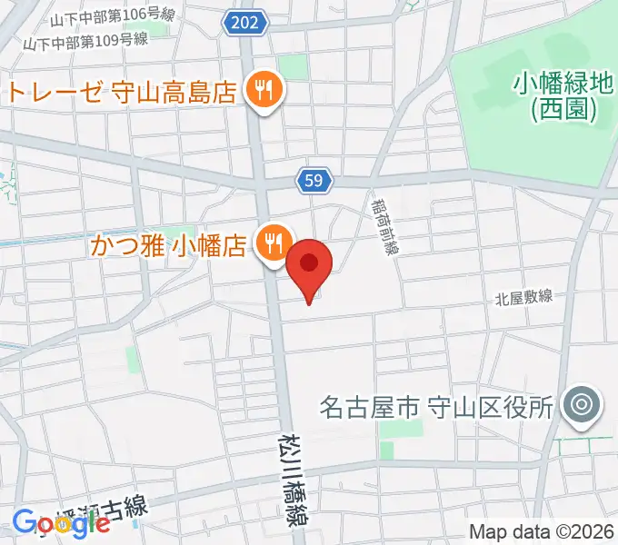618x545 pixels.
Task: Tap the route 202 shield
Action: [244, 23]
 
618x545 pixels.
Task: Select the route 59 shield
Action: [313, 182]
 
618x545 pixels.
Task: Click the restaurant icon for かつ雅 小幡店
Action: [273, 243]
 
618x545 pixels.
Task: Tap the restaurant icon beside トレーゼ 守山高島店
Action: [264, 89]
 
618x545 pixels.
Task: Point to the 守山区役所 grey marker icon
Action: [578, 405]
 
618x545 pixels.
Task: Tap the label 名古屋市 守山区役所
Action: [436, 406]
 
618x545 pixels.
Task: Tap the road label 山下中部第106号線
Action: [113, 17]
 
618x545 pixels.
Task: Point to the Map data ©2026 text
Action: [542, 531]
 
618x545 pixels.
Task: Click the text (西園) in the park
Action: [563, 111]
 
